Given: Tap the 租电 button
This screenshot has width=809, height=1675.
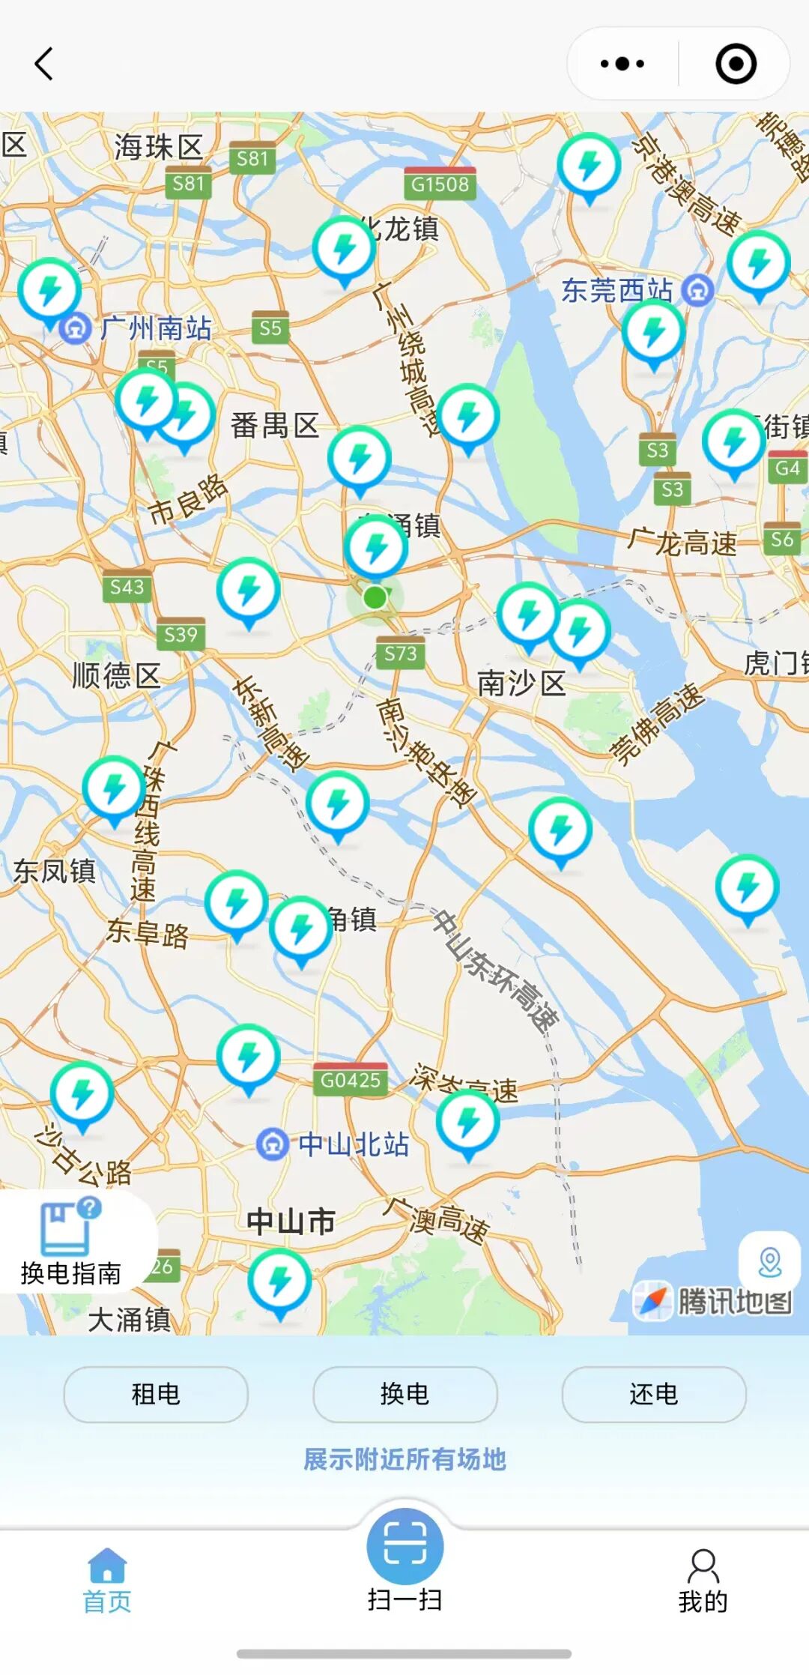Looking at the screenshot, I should pos(156,1394).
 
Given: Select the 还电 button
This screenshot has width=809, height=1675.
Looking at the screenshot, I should pos(653,1394).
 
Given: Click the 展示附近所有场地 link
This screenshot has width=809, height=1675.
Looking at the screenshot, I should pos(404,1459).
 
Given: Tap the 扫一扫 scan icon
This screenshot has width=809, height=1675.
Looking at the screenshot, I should pos(404,1545).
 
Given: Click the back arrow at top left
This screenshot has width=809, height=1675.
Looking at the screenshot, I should pos(44,64).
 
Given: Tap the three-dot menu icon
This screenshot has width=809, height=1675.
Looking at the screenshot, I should pos(622,64).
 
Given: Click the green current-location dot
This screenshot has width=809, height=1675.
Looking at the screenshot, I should pos(375,597).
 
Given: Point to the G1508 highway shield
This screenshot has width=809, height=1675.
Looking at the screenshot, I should pos(440,184).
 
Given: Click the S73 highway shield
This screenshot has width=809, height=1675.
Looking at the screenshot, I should pos(400,654).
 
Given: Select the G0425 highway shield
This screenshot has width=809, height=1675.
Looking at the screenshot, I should pos(351,1080).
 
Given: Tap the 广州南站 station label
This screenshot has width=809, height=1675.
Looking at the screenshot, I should pos(156,328).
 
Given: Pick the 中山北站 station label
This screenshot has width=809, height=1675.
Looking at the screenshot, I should pos(352,1144).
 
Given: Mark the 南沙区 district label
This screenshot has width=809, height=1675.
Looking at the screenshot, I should pos(521,683).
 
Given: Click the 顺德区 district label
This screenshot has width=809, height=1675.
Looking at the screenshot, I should pos(116,675).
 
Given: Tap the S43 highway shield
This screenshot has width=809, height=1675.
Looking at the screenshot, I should pos(127,587).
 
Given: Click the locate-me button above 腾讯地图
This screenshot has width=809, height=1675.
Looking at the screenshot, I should pos(769,1262).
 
